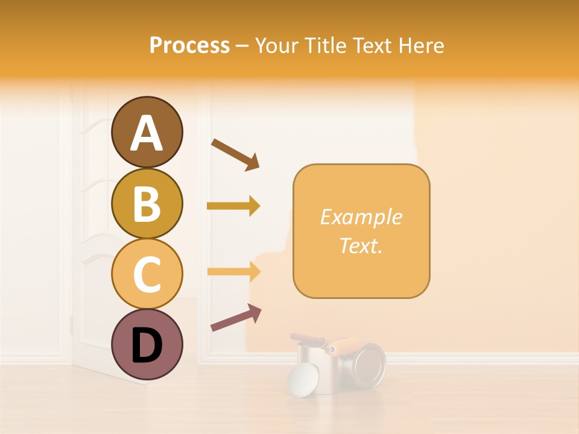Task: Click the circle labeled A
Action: pos(147,132)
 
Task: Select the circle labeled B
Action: pos(147,203)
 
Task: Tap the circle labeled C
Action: pos(147,274)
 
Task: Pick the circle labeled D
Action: pos(147,344)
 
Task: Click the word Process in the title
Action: pos(189,46)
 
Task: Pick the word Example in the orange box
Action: pos(361,217)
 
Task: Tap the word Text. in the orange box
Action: pos(361,245)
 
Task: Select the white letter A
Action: pos(147,133)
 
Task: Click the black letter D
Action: pos(147,345)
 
